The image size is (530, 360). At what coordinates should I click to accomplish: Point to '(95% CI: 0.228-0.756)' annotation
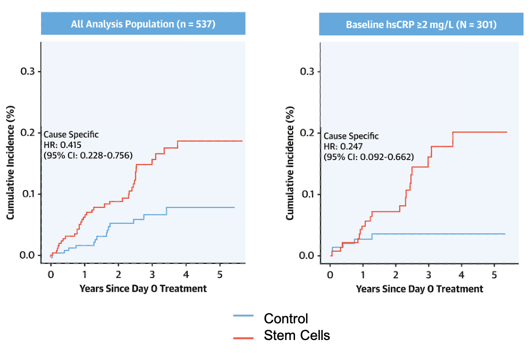tap(88, 155)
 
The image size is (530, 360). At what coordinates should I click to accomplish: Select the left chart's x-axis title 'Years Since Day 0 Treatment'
tap(143, 289)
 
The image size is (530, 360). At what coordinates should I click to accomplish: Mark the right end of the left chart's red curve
tap(242, 141)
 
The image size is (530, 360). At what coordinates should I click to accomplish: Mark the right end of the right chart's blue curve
tap(505, 234)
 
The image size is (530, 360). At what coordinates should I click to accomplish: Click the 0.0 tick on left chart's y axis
tap(27, 255)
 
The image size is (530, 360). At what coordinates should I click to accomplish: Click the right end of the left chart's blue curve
tap(234, 207)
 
